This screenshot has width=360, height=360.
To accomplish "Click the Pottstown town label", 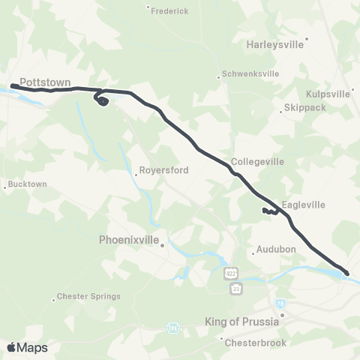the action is click(x=43, y=78).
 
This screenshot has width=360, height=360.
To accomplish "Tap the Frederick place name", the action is click(x=169, y=12).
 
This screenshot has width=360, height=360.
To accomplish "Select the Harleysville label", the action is click(x=275, y=44).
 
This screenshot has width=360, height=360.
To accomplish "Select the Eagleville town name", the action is click(x=304, y=203).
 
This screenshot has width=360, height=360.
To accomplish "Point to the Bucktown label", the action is click(x=26, y=184).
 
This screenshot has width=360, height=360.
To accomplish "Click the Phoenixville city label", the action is click(x=130, y=241).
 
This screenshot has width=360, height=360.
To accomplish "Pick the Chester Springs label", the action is click(x=89, y=296).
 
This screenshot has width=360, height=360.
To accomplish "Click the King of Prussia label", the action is click(x=241, y=322).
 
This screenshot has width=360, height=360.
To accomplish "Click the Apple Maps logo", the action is click(x=27, y=347).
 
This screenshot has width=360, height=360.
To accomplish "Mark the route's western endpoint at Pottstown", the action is click(x=13, y=86).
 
